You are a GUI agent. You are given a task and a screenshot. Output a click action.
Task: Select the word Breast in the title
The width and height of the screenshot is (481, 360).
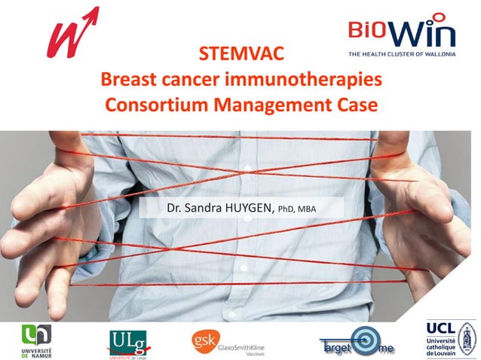point(127,79)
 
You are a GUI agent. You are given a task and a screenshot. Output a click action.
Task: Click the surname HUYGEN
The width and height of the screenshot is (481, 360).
point(250,207)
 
